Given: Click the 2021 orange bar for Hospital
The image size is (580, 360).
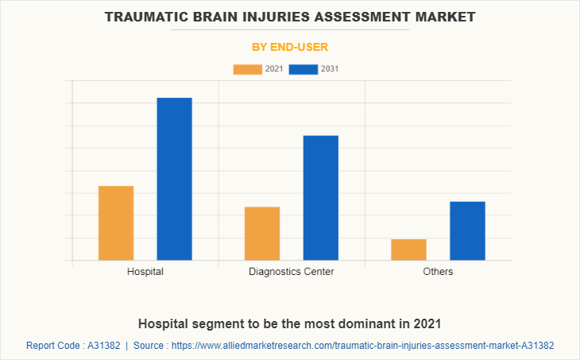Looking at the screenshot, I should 116,223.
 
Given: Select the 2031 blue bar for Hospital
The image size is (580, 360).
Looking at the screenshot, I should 174,179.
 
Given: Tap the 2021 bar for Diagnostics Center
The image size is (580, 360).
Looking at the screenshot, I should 262,233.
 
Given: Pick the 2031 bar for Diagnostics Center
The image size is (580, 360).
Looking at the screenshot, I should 320,198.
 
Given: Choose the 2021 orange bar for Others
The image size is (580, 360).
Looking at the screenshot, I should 408,250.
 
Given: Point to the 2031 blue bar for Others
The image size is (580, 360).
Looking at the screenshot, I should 467,230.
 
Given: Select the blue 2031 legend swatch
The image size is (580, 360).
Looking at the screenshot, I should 303,69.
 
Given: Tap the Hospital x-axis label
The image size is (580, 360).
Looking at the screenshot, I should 145,272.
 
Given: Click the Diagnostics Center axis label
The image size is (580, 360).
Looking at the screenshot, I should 292,272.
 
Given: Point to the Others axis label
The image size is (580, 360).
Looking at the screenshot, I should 438,272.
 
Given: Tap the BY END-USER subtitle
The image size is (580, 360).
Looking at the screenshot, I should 290,47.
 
